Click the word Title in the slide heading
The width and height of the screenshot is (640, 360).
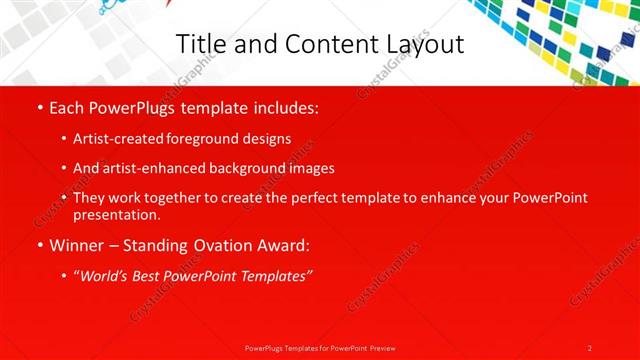click(199, 44)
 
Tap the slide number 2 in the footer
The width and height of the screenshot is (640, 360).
click(590, 348)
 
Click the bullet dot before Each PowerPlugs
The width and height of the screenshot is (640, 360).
click(38, 107)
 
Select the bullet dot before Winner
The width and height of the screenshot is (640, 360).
click(38, 245)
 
